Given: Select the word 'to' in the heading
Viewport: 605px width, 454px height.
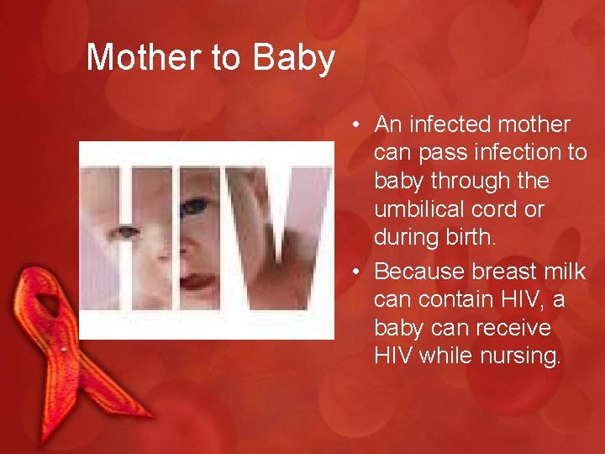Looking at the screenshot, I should (x=226, y=58).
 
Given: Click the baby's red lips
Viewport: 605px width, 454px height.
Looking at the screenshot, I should (x=197, y=281).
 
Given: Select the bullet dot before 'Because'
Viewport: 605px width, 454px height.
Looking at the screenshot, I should (x=357, y=272).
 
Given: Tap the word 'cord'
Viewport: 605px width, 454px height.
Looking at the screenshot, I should (x=504, y=209).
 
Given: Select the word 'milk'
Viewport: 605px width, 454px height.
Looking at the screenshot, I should (x=565, y=272).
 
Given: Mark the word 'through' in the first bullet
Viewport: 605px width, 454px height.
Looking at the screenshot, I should (x=472, y=182).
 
